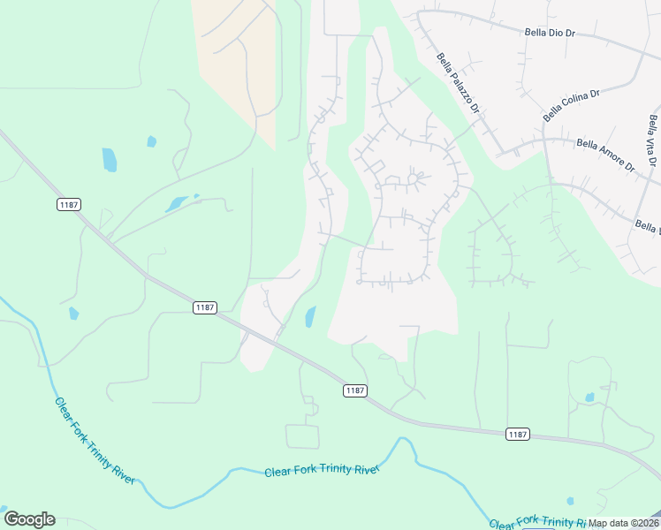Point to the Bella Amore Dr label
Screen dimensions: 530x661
point(605,153)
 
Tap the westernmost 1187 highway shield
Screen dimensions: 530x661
point(68,205)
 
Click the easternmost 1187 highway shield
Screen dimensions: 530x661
point(518,434)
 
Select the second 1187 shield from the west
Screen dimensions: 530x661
point(204,307)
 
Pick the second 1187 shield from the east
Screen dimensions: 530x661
point(355,390)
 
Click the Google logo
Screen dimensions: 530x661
point(29,519)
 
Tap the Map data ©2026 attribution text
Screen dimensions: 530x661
point(623,523)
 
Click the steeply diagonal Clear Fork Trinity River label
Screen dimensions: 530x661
point(95,440)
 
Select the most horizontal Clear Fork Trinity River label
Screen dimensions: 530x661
point(322,470)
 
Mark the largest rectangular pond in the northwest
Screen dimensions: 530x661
point(109,159)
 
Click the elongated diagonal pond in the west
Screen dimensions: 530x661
point(179,203)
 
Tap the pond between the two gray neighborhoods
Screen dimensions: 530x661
point(309,316)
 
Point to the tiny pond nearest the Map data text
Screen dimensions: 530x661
point(570,502)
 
